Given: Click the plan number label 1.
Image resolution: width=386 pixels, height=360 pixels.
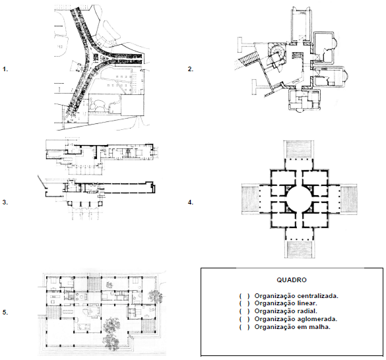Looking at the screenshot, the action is pyautogui.click(x=5, y=69).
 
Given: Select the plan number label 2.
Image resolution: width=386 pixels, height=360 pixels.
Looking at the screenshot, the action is pyautogui.click(x=191, y=69).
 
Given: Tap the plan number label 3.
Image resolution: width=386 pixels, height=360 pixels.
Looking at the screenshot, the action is pyautogui.click(x=5, y=202).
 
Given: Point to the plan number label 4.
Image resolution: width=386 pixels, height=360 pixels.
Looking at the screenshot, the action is pyautogui.click(x=191, y=202).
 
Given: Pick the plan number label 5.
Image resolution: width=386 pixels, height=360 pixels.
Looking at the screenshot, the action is pyautogui.click(x=5, y=313).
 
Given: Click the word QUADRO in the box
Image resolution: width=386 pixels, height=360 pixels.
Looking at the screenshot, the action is pyautogui.click(x=292, y=280).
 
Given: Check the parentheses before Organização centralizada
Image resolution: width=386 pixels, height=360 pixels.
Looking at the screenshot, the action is pyautogui.click(x=244, y=296).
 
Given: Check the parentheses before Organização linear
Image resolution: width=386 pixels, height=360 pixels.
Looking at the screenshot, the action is pyautogui.click(x=244, y=303).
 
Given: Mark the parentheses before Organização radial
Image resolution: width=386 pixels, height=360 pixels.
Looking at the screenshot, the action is pyautogui.click(x=244, y=311).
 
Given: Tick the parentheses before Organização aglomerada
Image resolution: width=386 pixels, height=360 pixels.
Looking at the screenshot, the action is pyautogui.click(x=244, y=319).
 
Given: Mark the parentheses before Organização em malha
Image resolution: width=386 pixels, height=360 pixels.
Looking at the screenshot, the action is pyautogui.click(x=244, y=327).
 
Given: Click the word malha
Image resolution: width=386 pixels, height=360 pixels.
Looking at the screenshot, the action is pyautogui.click(x=321, y=327).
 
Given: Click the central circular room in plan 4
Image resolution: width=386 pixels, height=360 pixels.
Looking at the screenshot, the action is pyautogui.click(x=299, y=199).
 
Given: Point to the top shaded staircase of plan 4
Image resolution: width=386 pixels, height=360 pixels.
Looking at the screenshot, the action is pyautogui.click(x=299, y=149).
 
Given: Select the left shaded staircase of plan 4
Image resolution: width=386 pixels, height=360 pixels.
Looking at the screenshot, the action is pyautogui.click(x=250, y=198).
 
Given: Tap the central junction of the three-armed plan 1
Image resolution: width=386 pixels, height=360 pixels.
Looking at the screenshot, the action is pyautogui.click(x=98, y=59).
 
